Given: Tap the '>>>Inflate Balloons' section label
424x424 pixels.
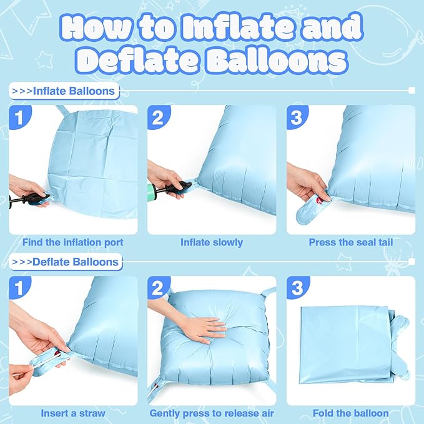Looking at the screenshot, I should point(64,91).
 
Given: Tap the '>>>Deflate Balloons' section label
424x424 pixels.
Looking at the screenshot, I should point(66,261).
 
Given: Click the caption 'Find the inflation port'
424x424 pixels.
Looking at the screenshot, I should point(73,242).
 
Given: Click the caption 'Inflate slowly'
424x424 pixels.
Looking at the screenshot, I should point(212,242).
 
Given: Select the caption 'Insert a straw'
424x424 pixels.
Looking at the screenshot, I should point(73,413).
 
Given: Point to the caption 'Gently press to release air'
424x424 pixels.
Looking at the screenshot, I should point(212,413).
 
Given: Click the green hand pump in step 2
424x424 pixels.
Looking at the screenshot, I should point(167,190).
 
